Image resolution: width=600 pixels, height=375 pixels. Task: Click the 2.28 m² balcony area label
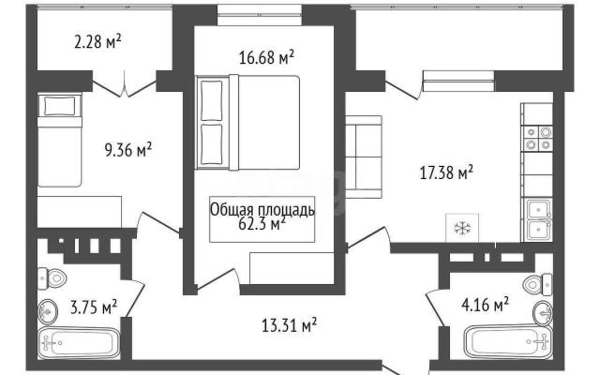97,41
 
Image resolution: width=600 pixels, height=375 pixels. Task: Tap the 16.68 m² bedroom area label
266,57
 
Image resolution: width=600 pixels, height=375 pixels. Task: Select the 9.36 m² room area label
128,149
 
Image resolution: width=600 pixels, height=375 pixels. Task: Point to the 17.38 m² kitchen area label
446,172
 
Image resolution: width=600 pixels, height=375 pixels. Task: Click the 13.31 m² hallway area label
290,325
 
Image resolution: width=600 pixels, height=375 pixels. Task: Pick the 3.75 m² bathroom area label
94,307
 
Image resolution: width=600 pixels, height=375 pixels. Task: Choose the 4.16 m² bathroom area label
486,305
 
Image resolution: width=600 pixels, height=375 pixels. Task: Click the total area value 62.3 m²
262,224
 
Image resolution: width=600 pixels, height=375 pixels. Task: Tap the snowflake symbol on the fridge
462,229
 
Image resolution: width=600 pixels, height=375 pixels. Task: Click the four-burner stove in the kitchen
538,138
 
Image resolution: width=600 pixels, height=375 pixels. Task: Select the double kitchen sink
539,219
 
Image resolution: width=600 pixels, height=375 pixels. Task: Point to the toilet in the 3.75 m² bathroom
52,278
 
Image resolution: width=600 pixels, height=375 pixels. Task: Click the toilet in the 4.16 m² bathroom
537,284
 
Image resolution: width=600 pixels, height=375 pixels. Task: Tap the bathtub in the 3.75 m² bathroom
80,343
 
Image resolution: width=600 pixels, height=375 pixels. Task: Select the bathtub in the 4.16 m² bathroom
507,341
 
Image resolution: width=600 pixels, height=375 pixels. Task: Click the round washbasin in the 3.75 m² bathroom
48,311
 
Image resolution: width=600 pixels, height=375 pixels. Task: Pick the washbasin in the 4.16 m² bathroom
543,313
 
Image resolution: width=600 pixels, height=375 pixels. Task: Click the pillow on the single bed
60,106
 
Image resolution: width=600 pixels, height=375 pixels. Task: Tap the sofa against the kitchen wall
364,157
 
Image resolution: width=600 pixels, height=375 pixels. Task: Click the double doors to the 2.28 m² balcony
125,85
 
